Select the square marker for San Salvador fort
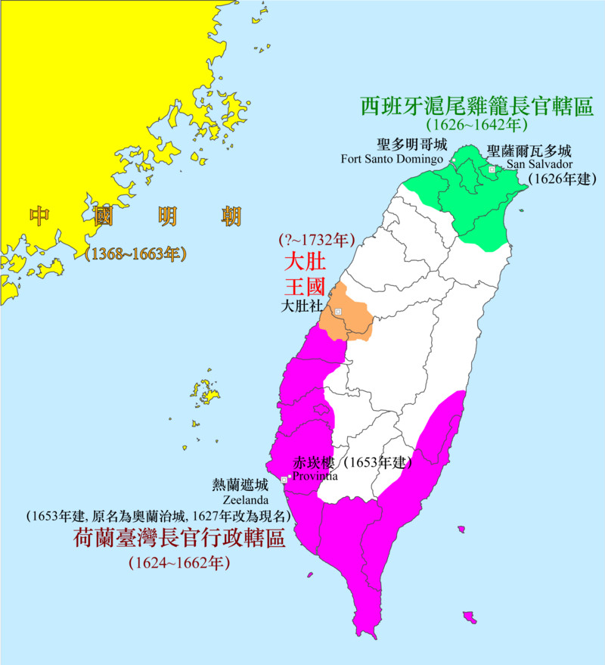click(492, 170)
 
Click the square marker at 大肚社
click(338, 312)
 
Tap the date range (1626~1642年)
click(476, 125)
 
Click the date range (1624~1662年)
click(179, 563)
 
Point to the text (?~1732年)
click(315, 241)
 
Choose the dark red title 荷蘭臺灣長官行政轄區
click(178, 539)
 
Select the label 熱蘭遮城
click(241, 485)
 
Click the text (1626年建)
click(562, 179)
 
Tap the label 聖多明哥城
click(411, 144)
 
